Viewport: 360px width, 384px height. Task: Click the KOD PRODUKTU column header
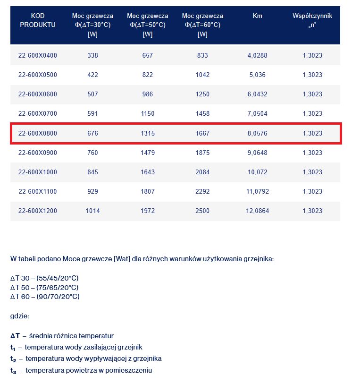coord(37,20)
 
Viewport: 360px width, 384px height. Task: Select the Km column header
coord(257,16)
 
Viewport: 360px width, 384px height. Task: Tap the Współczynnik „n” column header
coord(312,20)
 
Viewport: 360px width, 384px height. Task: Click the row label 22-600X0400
coord(37,55)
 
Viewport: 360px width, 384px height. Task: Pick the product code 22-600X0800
coord(37,133)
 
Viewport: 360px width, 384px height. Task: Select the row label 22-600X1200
coord(37,211)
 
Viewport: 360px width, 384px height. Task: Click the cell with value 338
coord(92,55)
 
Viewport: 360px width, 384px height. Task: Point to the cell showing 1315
coord(148,133)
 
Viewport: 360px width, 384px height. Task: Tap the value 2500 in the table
coord(202,211)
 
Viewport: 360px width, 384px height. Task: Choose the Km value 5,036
coord(257,75)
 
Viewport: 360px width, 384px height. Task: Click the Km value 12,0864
coord(257,211)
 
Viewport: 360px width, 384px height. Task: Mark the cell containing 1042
coord(202,75)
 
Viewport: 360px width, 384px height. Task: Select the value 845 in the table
coord(92,172)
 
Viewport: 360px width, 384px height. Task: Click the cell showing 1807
coord(148,191)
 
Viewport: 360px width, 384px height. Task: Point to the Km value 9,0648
coord(257,153)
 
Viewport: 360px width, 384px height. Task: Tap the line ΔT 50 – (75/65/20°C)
coord(44,287)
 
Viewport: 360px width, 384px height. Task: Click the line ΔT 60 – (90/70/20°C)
coord(45,296)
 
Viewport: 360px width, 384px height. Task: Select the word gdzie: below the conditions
coord(19,316)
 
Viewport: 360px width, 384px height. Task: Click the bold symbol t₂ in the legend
coord(13,359)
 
